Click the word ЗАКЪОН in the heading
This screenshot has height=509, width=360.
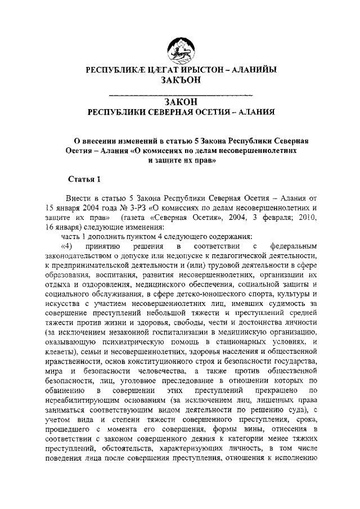coord(180,81)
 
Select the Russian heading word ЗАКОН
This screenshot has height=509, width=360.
coord(180,101)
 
